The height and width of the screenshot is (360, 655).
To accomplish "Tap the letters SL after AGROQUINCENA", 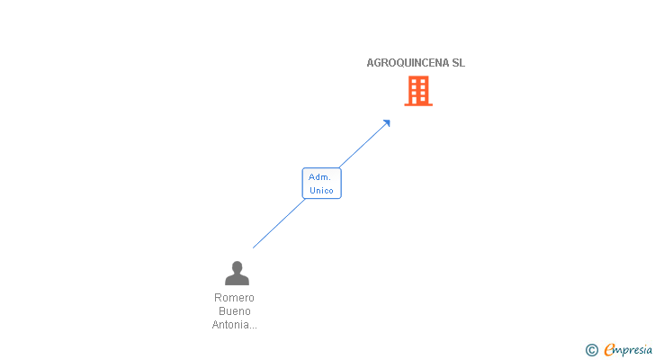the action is [x=458, y=63].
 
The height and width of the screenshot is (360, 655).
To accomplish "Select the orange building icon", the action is [x=418, y=90].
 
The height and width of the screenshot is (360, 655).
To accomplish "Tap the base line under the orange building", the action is [x=418, y=104].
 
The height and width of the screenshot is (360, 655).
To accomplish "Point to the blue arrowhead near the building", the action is [x=386, y=123].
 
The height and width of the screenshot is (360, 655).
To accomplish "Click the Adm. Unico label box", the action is [x=321, y=184].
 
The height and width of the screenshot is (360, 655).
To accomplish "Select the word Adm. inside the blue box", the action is [x=320, y=177].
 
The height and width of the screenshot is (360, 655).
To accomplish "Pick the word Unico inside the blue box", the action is [x=321, y=190].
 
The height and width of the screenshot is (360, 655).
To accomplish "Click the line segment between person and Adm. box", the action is [x=279, y=223].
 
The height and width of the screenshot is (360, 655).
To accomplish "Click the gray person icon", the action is [x=237, y=273].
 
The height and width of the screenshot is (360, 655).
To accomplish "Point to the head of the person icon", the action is [x=237, y=267].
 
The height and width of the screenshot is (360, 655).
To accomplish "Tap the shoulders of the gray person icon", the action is [x=237, y=280].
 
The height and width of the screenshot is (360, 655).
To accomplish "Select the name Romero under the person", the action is [x=234, y=298].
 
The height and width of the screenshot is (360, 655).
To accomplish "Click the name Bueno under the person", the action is [x=234, y=311].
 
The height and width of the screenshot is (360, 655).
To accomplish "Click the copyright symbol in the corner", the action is [x=591, y=350].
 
